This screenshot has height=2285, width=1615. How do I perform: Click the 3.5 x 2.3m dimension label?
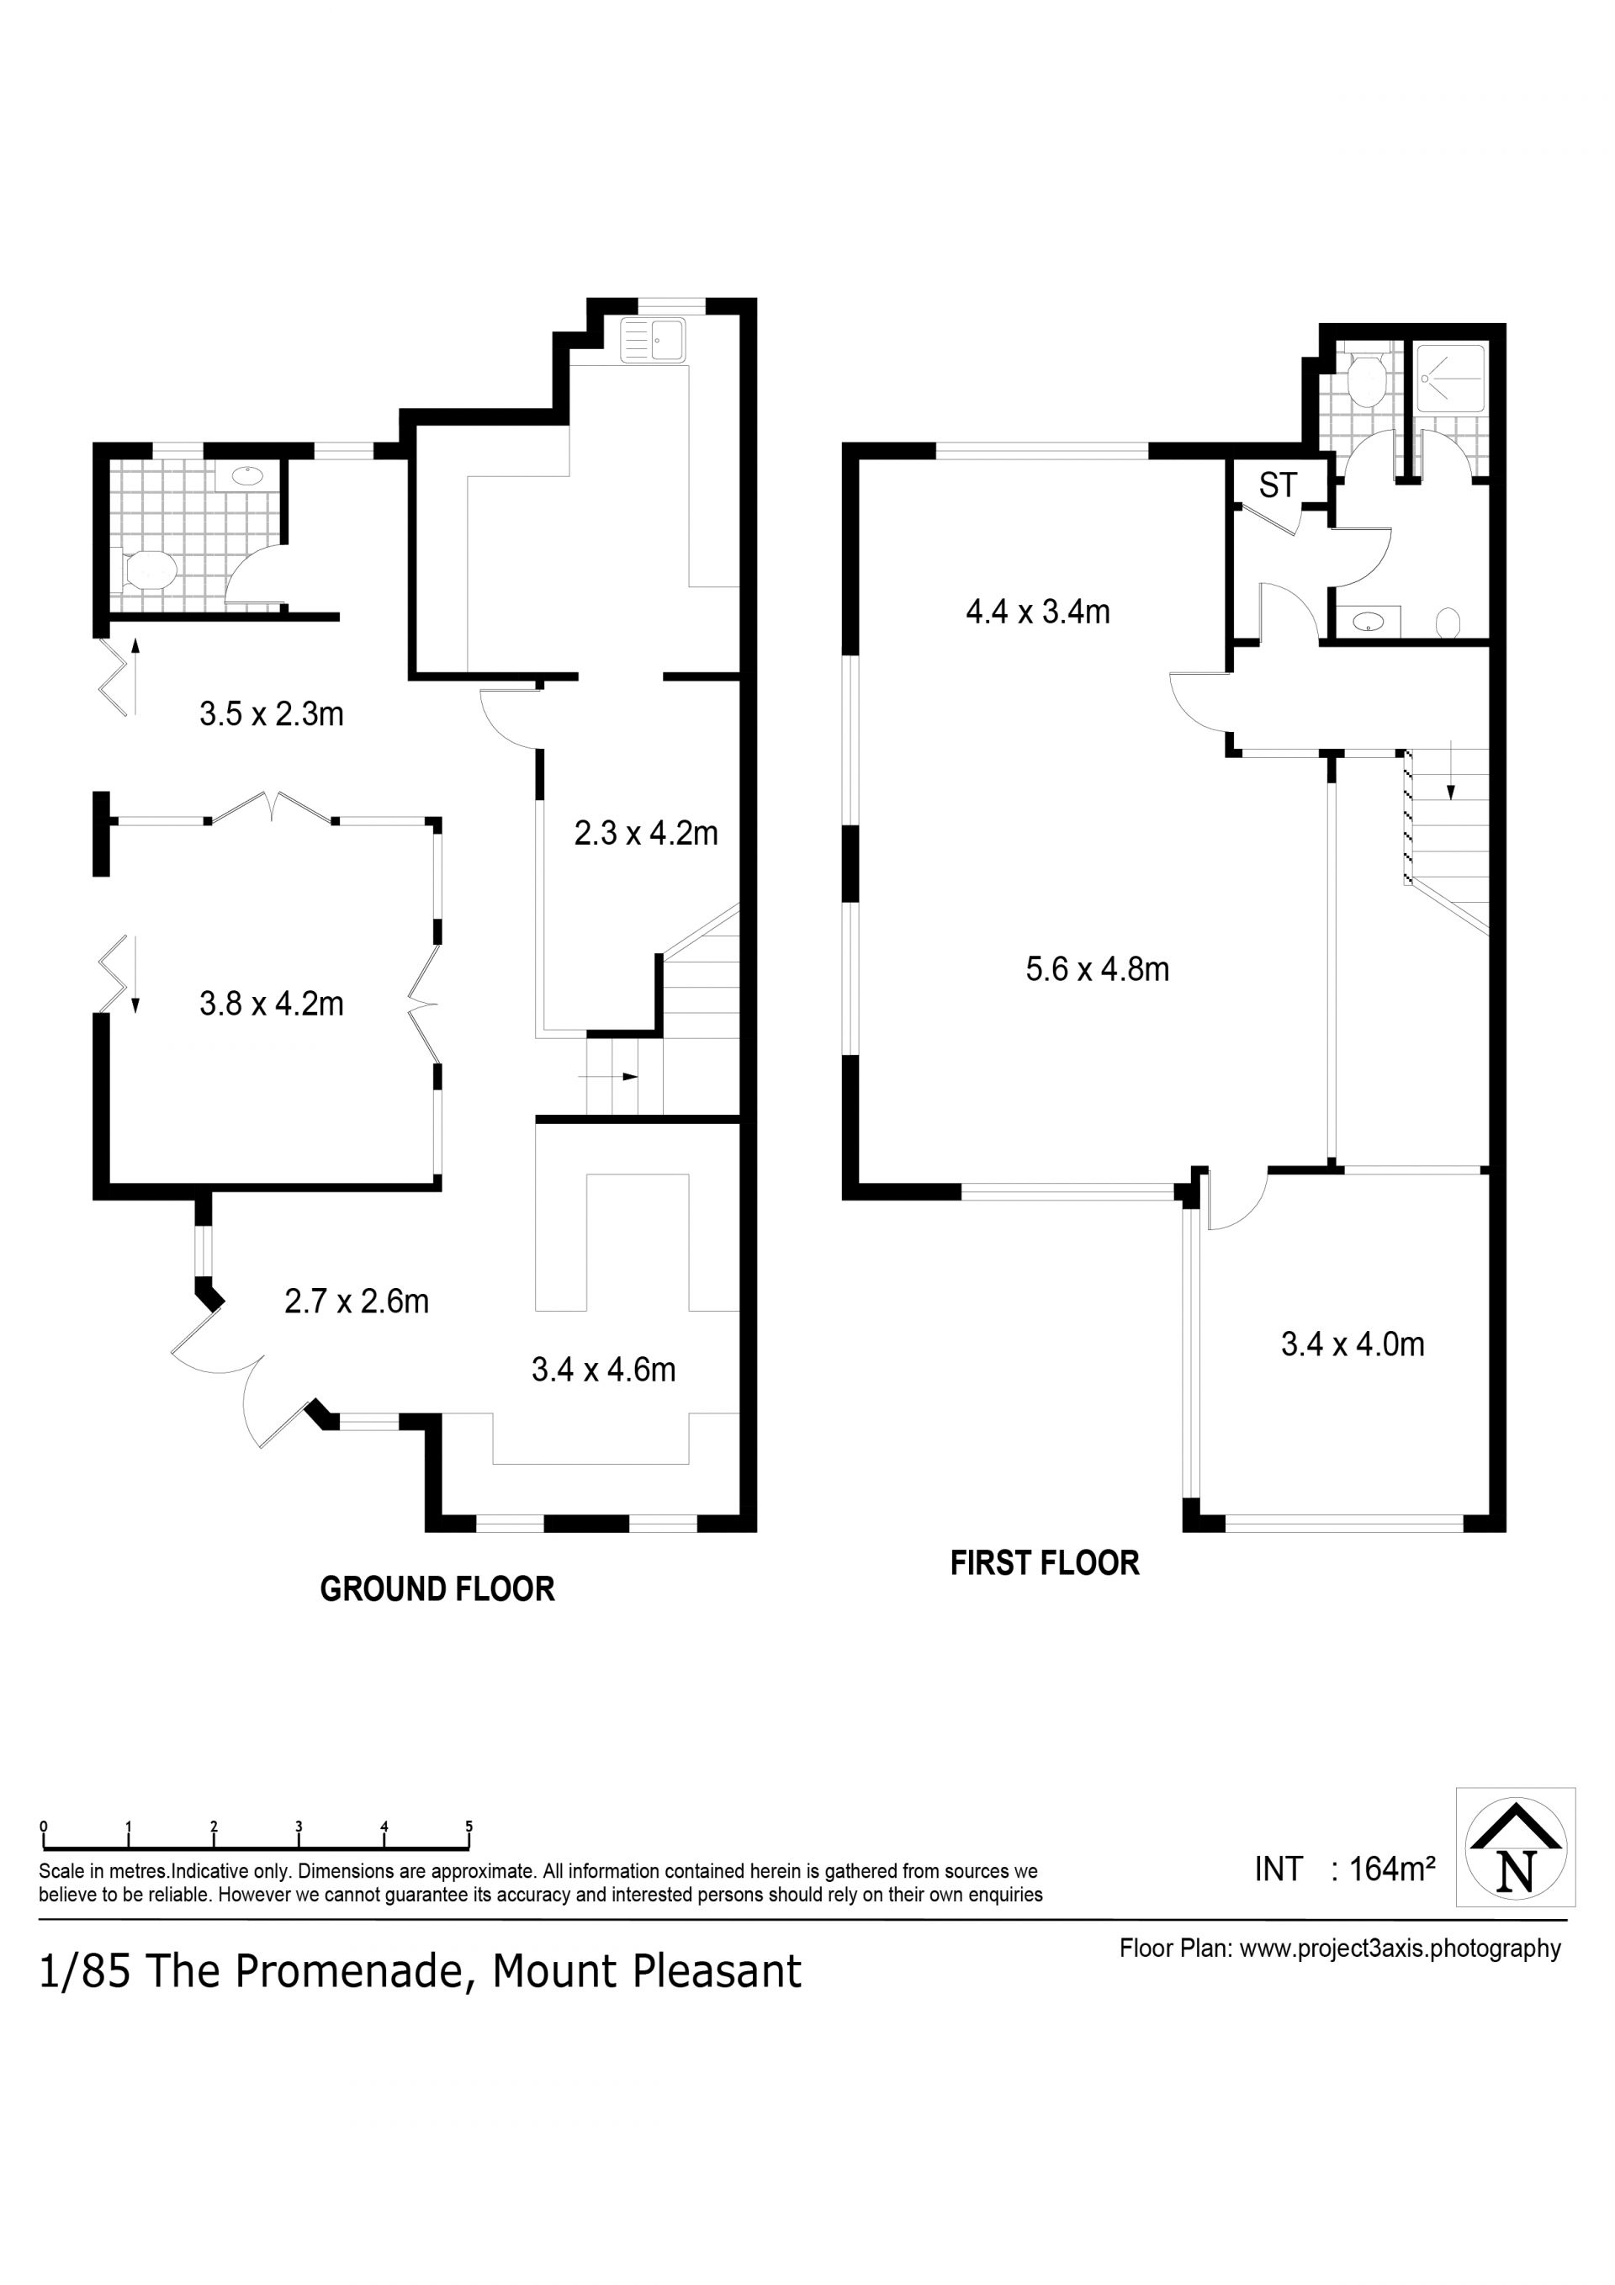tap(272, 714)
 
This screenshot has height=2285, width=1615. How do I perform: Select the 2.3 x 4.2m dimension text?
tap(646, 833)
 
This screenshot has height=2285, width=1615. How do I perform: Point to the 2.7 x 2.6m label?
tap(357, 1302)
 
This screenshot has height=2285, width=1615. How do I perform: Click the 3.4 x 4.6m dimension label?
tap(603, 1370)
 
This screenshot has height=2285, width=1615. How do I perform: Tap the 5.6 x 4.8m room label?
tap(1098, 968)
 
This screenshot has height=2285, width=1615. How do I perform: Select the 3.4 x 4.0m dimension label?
tap(1353, 1344)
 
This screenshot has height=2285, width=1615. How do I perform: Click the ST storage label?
tap(1278, 485)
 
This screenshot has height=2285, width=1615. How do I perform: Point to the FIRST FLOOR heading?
tap(1045, 1563)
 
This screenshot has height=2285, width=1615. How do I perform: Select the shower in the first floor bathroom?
tap(1451, 379)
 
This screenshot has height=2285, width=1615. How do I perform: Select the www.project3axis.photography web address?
tap(1400, 1948)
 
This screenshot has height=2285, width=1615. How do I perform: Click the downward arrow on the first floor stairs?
tap(1451, 771)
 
